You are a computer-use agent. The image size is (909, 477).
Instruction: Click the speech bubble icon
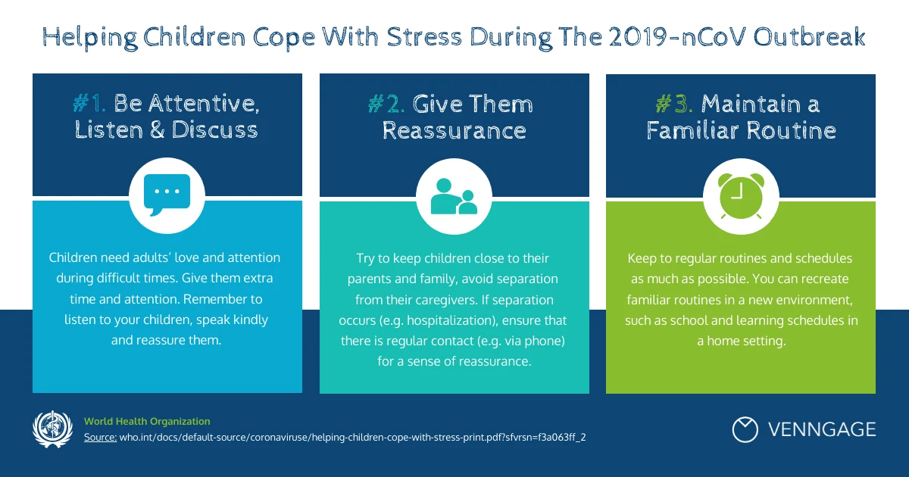pyautogui.click(x=167, y=195)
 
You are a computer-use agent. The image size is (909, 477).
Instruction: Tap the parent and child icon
pyautogui.click(x=454, y=195)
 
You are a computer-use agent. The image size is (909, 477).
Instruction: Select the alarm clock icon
pyautogui.click(x=741, y=196)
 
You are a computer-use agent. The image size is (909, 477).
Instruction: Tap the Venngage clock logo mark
pyautogui.click(x=745, y=429)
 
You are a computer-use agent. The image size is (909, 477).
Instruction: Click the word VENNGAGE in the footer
pyautogui.click(x=822, y=430)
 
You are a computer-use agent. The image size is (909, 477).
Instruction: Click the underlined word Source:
pyautogui.click(x=100, y=438)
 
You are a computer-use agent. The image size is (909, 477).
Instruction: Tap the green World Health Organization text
pyautogui.click(x=147, y=422)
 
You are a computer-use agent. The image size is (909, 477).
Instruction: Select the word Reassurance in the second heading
pyautogui.click(x=454, y=130)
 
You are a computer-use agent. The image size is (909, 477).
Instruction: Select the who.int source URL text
pyautogui.click(x=353, y=438)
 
